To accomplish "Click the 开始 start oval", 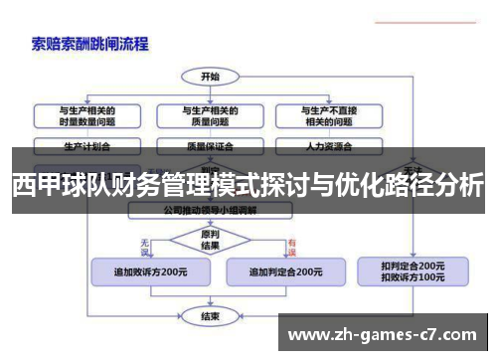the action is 209,76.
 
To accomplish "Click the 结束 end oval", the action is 209,317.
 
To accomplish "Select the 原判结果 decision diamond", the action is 209,240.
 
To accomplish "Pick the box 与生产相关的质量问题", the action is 209,115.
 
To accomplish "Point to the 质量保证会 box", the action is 209,145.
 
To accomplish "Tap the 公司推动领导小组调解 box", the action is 209,211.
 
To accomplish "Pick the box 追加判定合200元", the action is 284,270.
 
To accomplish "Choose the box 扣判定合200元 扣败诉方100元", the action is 413,270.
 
